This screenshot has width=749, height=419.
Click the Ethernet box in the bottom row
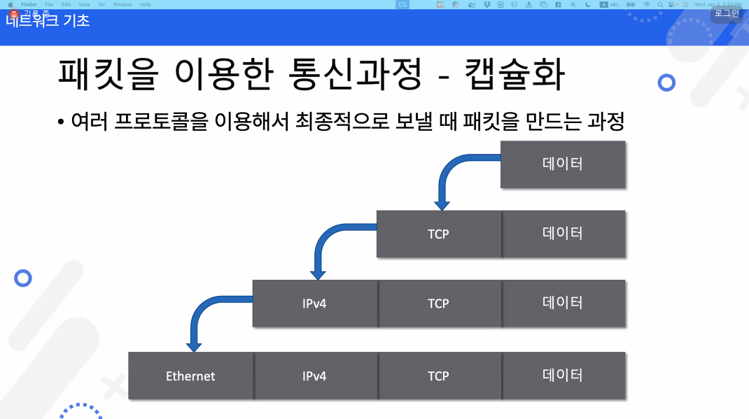click(190, 376)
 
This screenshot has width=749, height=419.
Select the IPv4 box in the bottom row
click(314, 376)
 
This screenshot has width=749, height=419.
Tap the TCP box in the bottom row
click(438, 376)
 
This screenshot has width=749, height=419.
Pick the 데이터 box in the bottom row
click(563, 376)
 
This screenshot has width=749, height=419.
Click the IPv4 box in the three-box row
click(314, 304)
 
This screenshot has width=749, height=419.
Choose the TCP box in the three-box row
click(438, 304)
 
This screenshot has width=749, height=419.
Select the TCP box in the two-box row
click(438, 234)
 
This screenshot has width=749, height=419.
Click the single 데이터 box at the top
click(563, 164)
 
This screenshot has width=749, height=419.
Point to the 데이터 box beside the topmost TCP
click(563, 234)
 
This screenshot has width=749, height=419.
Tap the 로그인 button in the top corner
click(727, 13)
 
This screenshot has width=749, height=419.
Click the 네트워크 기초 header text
click(48, 20)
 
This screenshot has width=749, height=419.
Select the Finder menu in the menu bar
click(29, 4)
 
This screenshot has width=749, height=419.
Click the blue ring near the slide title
click(666, 83)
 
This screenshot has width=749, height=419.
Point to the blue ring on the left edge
click(23, 278)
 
